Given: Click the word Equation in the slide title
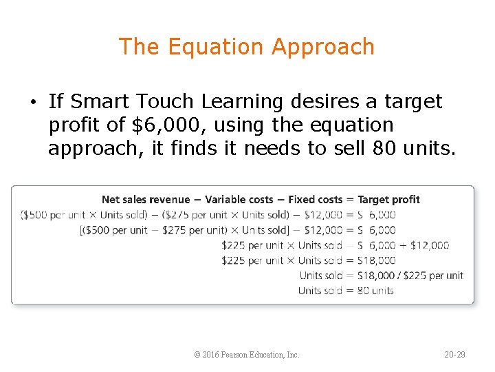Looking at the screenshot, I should [216, 47].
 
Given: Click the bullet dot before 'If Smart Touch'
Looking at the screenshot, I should [32, 103].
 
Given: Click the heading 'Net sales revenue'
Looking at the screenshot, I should [146, 200].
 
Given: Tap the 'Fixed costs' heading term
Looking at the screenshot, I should [315, 200].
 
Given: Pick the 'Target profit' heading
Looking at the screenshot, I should [388, 200].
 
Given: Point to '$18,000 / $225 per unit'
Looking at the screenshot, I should [410, 276].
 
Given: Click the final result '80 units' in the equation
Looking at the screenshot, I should [375, 291].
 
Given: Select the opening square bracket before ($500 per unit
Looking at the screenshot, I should [82, 230].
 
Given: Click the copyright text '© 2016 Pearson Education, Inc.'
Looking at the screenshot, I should [247, 355].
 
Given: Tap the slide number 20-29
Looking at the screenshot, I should [454, 355].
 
